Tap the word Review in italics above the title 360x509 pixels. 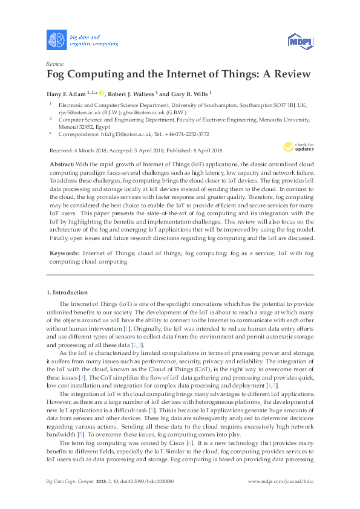55,63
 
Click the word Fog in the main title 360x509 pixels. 58,74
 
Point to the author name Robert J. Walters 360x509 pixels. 131,94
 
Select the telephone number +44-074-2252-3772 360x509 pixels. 187,134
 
